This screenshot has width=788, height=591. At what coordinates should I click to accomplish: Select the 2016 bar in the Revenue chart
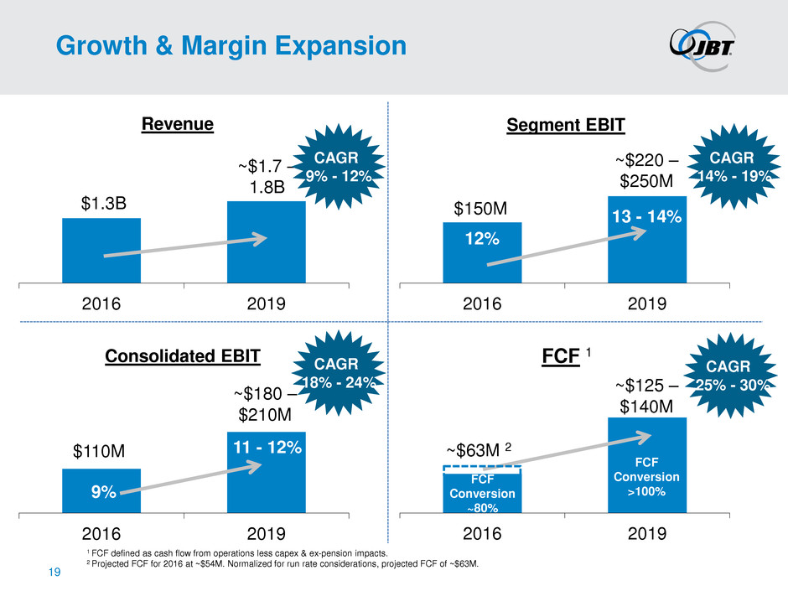pyautogui.click(x=101, y=250)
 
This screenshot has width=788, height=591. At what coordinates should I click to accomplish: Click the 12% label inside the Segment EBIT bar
pyautogui.click(x=483, y=239)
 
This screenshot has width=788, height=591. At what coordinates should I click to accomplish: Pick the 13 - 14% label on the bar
pyautogui.click(x=646, y=217)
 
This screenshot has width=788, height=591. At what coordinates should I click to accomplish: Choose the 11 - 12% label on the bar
pyautogui.click(x=266, y=447)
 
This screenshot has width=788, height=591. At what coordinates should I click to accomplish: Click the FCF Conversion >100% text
pyautogui.click(x=646, y=477)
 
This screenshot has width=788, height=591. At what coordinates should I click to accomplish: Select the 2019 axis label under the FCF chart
pyautogui.click(x=646, y=535)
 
